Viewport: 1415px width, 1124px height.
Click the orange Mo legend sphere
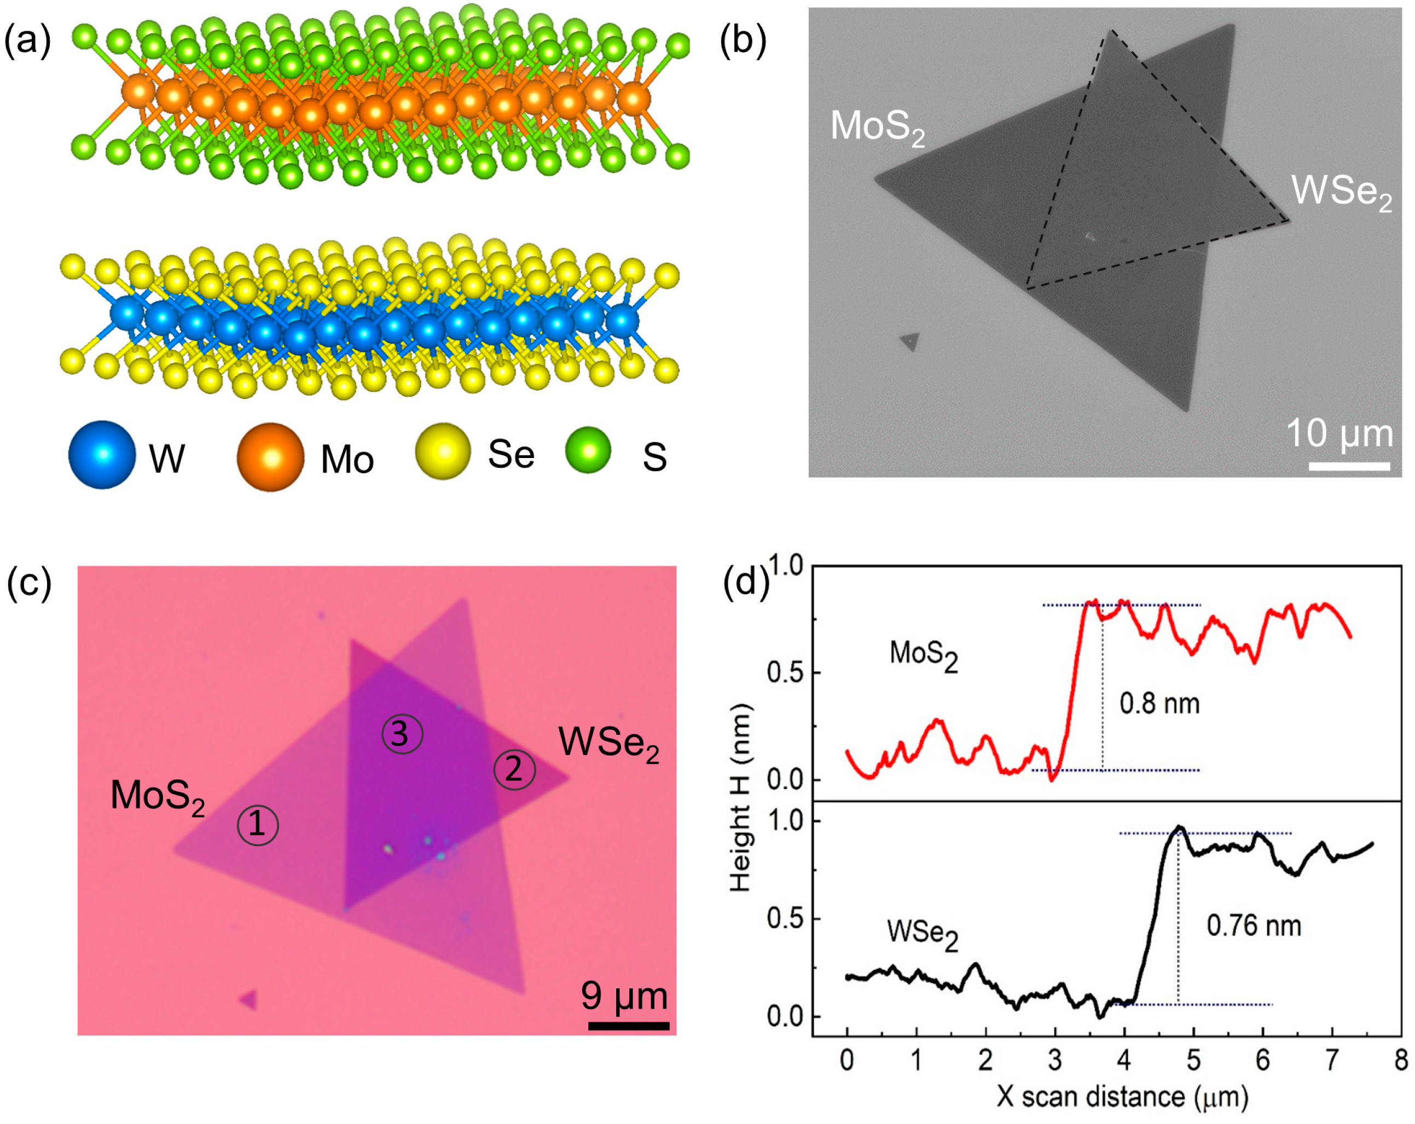pyautogui.click(x=270, y=457)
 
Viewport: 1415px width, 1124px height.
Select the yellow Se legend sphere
pyautogui.click(x=444, y=451)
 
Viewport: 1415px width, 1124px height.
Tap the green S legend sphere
pyautogui.click(x=588, y=450)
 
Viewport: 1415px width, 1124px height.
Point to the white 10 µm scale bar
pyautogui.click(x=1349, y=466)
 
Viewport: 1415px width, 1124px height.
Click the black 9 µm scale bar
pyautogui.click(x=628, y=1025)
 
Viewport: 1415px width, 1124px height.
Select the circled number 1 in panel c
pyautogui.click(x=257, y=825)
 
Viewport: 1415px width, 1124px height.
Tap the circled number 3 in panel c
pyautogui.click(x=402, y=733)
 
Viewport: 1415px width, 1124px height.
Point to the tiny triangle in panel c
pyautogui.click(x=250, y=999)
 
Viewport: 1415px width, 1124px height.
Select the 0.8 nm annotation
pyautogui.click(x=1159, y=704)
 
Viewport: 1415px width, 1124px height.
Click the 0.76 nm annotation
pyautogui.click(x=1254, y=926)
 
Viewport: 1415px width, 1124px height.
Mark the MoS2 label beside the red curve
pyautogui.click(x=923, y=654)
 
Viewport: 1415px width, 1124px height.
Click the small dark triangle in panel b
pyautogui.click(x=909, y=341)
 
